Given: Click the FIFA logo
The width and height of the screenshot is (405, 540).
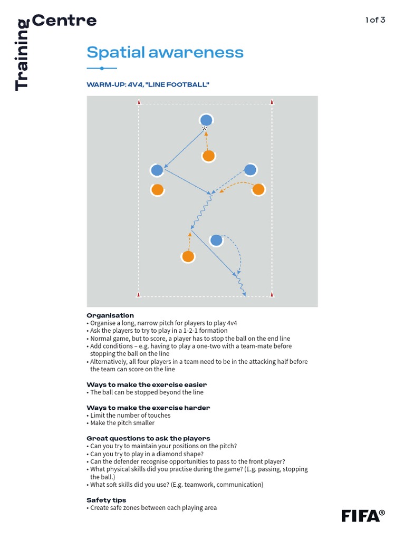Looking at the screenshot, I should [363, 515].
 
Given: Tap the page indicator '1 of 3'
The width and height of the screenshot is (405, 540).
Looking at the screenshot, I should [375, 20].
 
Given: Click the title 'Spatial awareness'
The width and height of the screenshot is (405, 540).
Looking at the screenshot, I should [165, 52].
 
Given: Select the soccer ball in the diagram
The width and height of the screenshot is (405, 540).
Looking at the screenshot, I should [205, 128].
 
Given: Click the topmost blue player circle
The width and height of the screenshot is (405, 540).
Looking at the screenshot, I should [206, 120].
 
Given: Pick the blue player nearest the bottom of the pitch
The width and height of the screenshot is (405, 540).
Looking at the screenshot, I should [216, 240].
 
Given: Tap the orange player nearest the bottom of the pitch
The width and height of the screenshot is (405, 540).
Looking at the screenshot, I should [188, 257].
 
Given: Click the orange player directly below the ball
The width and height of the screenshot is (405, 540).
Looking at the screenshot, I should [209, 156].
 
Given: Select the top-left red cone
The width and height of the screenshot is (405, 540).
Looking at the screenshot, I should [139, 102].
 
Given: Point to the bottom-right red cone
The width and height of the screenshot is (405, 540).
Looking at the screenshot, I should [272, 294].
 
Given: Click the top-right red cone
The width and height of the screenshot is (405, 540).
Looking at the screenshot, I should [272, 102].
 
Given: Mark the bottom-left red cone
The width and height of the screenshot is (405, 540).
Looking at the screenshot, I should [139, 294].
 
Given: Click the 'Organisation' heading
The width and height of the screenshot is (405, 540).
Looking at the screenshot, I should [110, 315].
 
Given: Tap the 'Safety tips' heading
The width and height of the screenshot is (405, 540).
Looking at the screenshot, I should [107, 500].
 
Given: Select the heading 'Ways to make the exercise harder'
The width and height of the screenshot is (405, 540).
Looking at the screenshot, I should [148, 408].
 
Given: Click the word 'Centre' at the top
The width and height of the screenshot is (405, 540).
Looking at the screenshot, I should [64, 21].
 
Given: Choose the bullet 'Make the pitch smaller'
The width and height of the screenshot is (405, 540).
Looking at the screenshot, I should [122, 423].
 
